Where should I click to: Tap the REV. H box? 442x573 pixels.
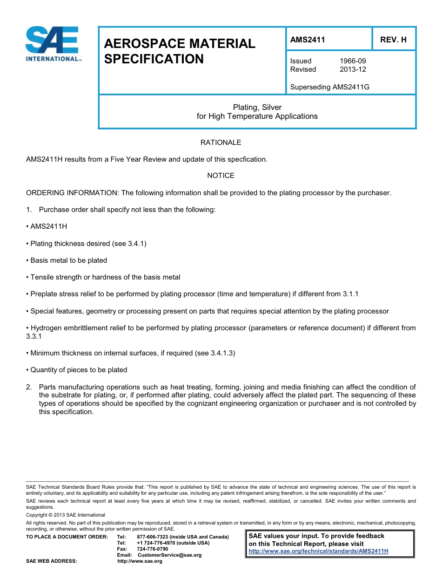click(393, 40)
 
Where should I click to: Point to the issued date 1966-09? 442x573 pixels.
click(353, 61)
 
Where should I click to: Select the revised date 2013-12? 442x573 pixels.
click(353, 69)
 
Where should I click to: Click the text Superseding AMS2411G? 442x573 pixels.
click(329, 87)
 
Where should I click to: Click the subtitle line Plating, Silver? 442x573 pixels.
click(257, 107)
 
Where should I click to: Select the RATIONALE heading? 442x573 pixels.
click(221, 143)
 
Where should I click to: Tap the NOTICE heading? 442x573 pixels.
click(221, 176)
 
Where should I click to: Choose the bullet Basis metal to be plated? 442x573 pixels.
click(68, 260)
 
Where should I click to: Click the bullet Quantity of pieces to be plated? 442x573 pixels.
click(79, 370)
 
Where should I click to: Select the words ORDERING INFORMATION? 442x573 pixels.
click(73, 193)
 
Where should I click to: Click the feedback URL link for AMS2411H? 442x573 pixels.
click(318, 551)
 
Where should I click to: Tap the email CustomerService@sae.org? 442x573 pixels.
click(169, 555)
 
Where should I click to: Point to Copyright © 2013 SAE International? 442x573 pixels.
click(66, 515)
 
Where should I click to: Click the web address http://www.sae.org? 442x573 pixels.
click(140, 561)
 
